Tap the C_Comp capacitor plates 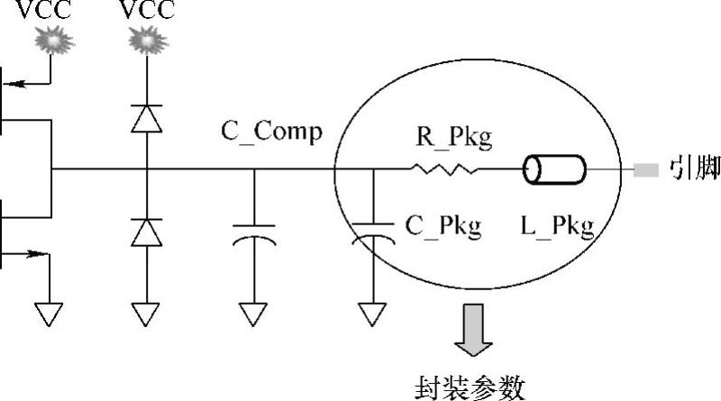point(253,233)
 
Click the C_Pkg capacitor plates point(370,233)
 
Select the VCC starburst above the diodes point(144,41)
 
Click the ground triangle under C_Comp point(253,312)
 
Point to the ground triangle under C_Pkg point(370,312)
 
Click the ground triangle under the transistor point(50,312)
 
